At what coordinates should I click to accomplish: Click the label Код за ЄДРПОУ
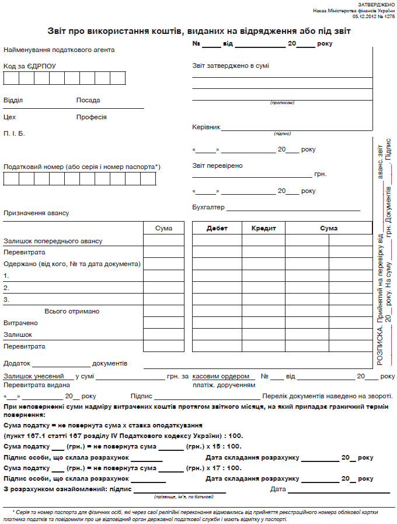click(x=29, y=66)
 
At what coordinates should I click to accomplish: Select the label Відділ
click(x=13, y=100)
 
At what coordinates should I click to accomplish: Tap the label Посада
click(x=88, y=100)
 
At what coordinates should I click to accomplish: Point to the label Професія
click(x=91, y=117)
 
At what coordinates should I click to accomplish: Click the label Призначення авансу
click(x=36, y=213)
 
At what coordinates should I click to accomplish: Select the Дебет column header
click(x=217, y=228)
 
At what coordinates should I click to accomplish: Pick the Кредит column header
click(x=263, y=228)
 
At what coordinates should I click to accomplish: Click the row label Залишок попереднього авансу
click(x=53, y=241)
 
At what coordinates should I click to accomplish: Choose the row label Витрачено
click(x=20, y=323)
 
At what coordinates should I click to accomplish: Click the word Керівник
click(x=206, y=127)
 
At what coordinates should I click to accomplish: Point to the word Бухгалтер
click(x=208, y=207)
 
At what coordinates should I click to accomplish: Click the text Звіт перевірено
click(x=217, y=166)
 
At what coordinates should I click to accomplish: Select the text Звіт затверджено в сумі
click(x=231, y=65)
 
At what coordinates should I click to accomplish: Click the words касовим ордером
click(x=221, y=376)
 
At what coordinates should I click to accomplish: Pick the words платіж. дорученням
click(x=224, y=385)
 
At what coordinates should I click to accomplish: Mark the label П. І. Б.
click(x=14, y=133)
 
